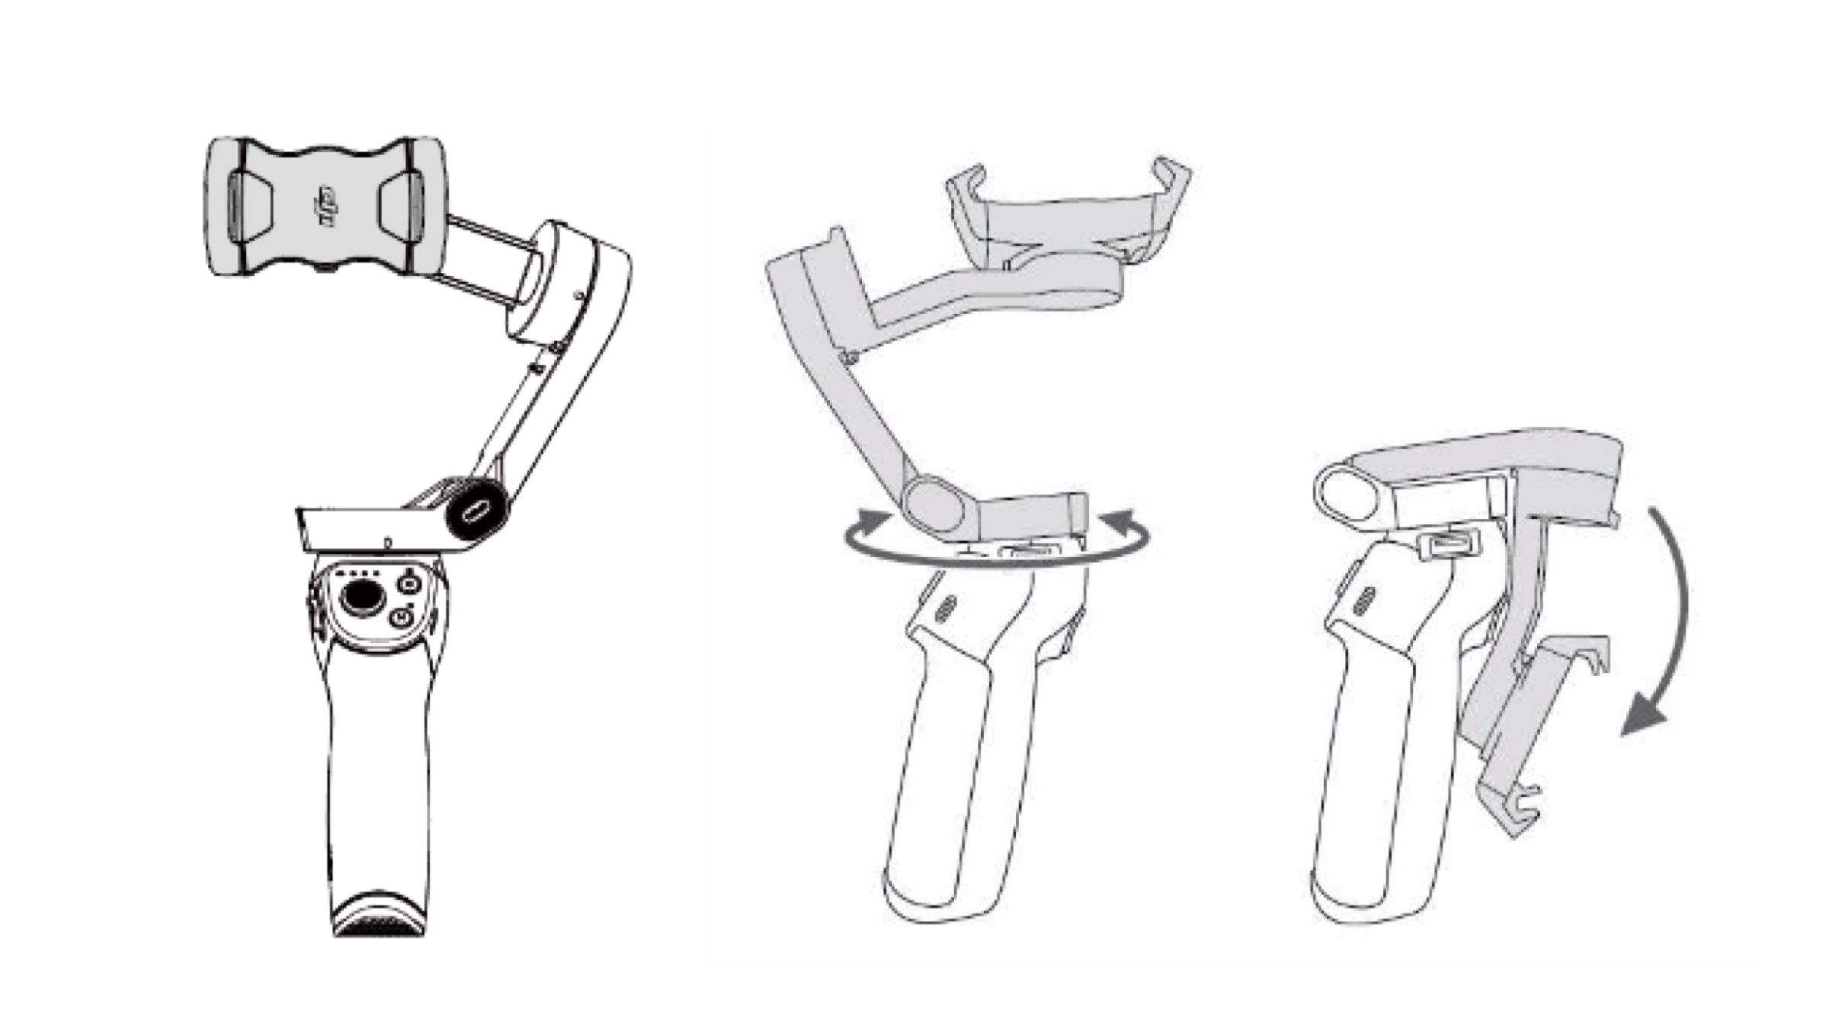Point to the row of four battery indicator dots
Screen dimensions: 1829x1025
click(x=357, y=572)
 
